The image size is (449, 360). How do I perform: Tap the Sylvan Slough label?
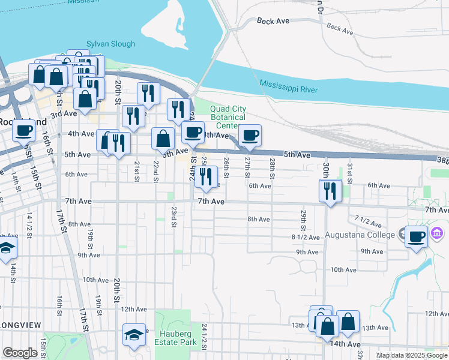pyautogui.click(x=111, y=44)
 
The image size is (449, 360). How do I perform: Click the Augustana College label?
pyautogui.click(x=359, y=234)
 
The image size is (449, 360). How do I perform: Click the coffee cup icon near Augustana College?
pyautogui.click(x=416, y=236)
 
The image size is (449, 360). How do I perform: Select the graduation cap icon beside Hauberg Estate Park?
pyautogui.click(x=134, y=334)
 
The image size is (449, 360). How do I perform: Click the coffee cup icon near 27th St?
pyautogui.click(x=250, y=135)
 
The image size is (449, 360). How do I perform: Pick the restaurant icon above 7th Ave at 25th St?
pyautogui.click(x=206, y=176)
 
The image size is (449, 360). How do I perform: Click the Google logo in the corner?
pyautogui.click(x=20, y=353)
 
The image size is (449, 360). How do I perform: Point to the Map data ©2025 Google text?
pyautogui.click(x=412, y=355)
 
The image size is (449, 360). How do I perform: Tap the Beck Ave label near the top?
pyautogui.click(x=273, y=21)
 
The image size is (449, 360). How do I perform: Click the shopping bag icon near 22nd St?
pyautogui.click(x=163, y=138)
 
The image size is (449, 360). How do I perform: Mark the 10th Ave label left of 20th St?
pyautogui.click(x=95, y=280)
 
